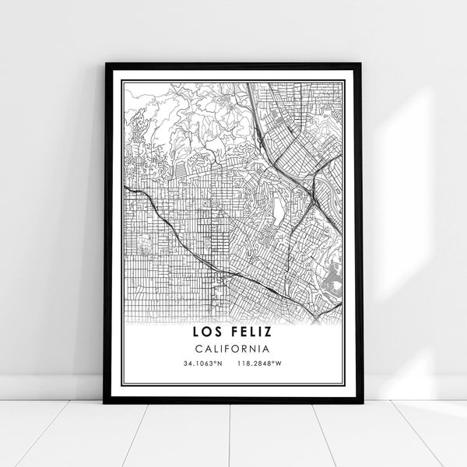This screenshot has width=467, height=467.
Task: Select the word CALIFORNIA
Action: pos(233,350)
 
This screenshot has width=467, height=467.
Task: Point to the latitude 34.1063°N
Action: pos(201,363)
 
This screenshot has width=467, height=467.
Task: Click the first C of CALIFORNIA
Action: pos(199,350)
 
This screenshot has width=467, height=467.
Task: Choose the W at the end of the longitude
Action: pos(278,363)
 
